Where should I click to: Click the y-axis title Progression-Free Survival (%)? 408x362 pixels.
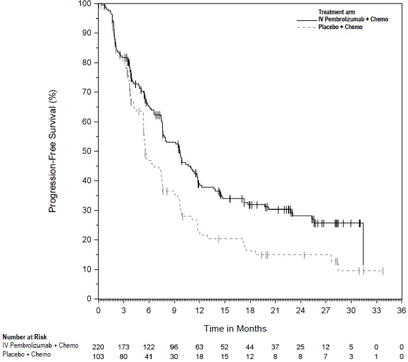52,152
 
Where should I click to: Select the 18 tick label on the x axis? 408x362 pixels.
250,310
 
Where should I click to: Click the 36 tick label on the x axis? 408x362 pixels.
401,310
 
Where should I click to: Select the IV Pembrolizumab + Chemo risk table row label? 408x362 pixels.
41,345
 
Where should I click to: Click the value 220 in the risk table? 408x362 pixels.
99,346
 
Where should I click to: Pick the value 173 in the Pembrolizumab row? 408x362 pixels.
124,346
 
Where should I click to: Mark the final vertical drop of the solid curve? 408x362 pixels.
363,244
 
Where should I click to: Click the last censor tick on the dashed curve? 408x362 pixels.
383,271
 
